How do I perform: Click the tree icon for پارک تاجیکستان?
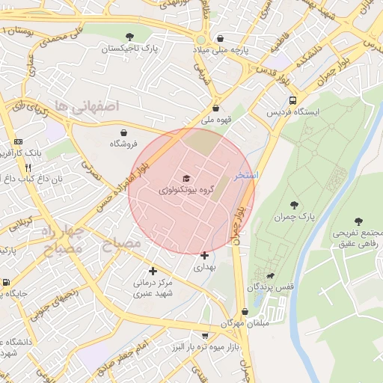click(x=130, y=36)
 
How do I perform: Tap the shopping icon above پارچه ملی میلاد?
click(x=220, y=38)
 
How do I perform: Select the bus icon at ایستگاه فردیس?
click(x=292, y=100)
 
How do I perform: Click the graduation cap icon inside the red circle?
click(x=186, y=179)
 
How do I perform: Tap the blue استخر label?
click(x=246, y=174)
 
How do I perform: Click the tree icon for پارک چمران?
click(x=294, y=204)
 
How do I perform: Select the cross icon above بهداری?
click(x=204, y=255)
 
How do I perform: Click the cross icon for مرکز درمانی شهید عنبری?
click(x=153, y=271)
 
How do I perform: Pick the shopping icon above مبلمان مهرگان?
click(x=245, y=312)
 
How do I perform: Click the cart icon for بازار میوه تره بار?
click(x=205, y=337)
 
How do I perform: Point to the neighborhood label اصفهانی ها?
click(x=88, y=106)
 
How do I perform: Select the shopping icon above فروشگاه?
click(x=123, y=132)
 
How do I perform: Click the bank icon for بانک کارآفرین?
click(x=19, y=141)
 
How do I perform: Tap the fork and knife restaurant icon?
click(x=28, y=168)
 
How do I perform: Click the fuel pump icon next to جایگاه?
click(x=7, y=283)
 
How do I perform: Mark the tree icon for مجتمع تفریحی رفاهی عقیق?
click(x=358, y=221)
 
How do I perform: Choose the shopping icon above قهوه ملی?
click(x=216, y=108)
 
